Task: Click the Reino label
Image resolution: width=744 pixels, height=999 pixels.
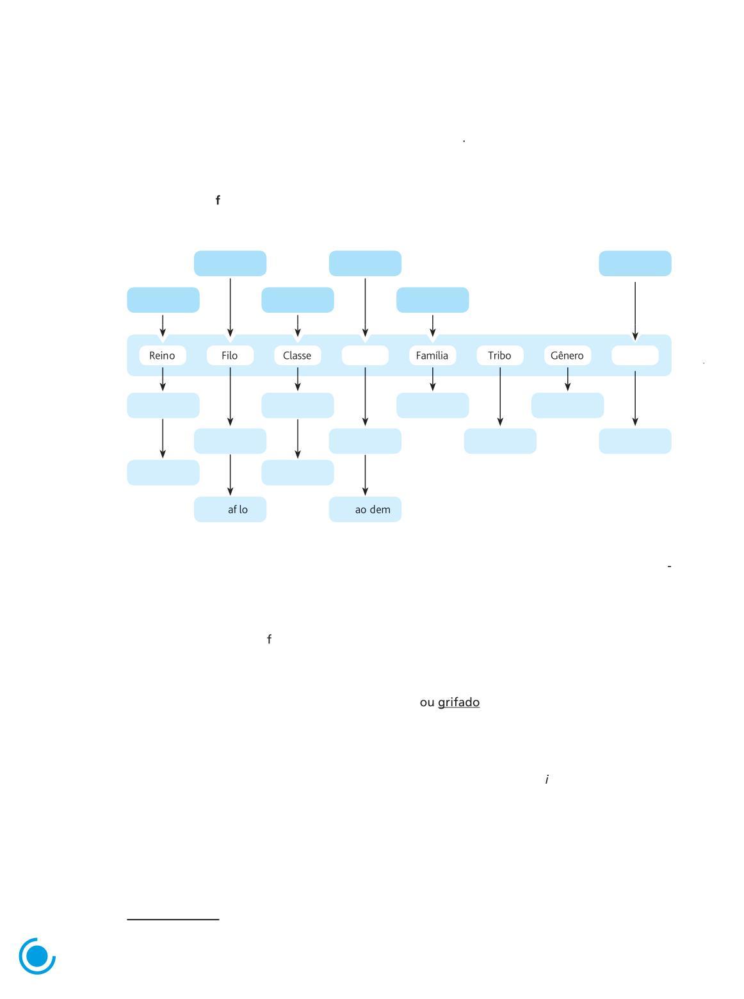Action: pyautogui.click(x=163, y=356)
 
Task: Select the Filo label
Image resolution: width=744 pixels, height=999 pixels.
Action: pyautogui.click(x=230, y=356)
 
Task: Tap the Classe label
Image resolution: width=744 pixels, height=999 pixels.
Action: pyautogui.click(x=297, y=356)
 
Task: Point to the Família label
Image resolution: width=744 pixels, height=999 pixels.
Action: pyautogui.click(x=432, y=356)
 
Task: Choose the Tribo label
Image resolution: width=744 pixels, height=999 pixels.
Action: pyautogui.click(x=499, y=356)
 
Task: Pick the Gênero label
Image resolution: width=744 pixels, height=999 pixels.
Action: pyautogui.click(x=567, y=356)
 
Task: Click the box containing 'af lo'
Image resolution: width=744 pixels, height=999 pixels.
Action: pyautogui.click(x=230, y=509)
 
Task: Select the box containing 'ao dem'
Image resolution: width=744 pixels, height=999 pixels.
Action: pyautogui.click(x=365, y=509)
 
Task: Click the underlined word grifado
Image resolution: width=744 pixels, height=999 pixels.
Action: pyautogui.click(x=458, y=702)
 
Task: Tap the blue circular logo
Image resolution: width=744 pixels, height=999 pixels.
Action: pyautogui.click(x=37, y=956)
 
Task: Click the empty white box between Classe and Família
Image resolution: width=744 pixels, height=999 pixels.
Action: pyautogui.click(x=365, y=356)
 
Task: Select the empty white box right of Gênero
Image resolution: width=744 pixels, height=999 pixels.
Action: pyautogui.click(x=635, y=356)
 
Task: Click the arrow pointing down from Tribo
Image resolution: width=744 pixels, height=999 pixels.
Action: pyautogui.click(x=500, y=396)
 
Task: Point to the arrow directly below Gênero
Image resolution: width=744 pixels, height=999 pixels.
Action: pyautogui.click(x=567, y=379)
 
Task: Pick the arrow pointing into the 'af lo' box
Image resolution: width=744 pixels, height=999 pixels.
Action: pyautogui.click(x=230, y=475)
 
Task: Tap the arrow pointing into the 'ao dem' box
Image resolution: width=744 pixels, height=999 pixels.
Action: pyautogui.click(x=365, y=475)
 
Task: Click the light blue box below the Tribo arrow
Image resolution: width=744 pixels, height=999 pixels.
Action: pyautogui.click(x=500, y=441)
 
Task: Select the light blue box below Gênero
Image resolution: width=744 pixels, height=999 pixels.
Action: pyautogui.click(x=567, y=406)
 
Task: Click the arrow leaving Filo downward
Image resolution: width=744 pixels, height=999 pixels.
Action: pyautogui.click(x=230, y=396)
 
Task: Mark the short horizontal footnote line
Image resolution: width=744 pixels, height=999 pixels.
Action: pyautogui.click(x=173, y=920)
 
